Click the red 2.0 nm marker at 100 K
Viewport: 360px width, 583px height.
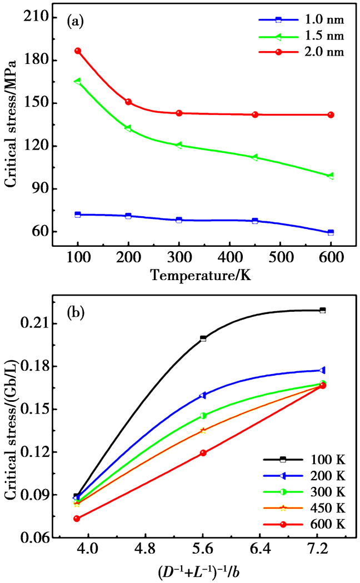(78, 51)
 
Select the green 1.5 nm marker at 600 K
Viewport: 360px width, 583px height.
(331, 176)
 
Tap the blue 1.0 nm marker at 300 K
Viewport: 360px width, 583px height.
(179, 220)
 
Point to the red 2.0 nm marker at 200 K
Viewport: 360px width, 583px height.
(128, 102)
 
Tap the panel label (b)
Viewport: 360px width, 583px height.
(76, 313)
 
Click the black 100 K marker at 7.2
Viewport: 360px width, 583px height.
(322, 310)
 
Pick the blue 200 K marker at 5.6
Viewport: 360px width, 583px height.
(203, 395)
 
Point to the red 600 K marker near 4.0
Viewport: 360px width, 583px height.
(77, 519)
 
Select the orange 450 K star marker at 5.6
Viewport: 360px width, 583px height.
(203, 430)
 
